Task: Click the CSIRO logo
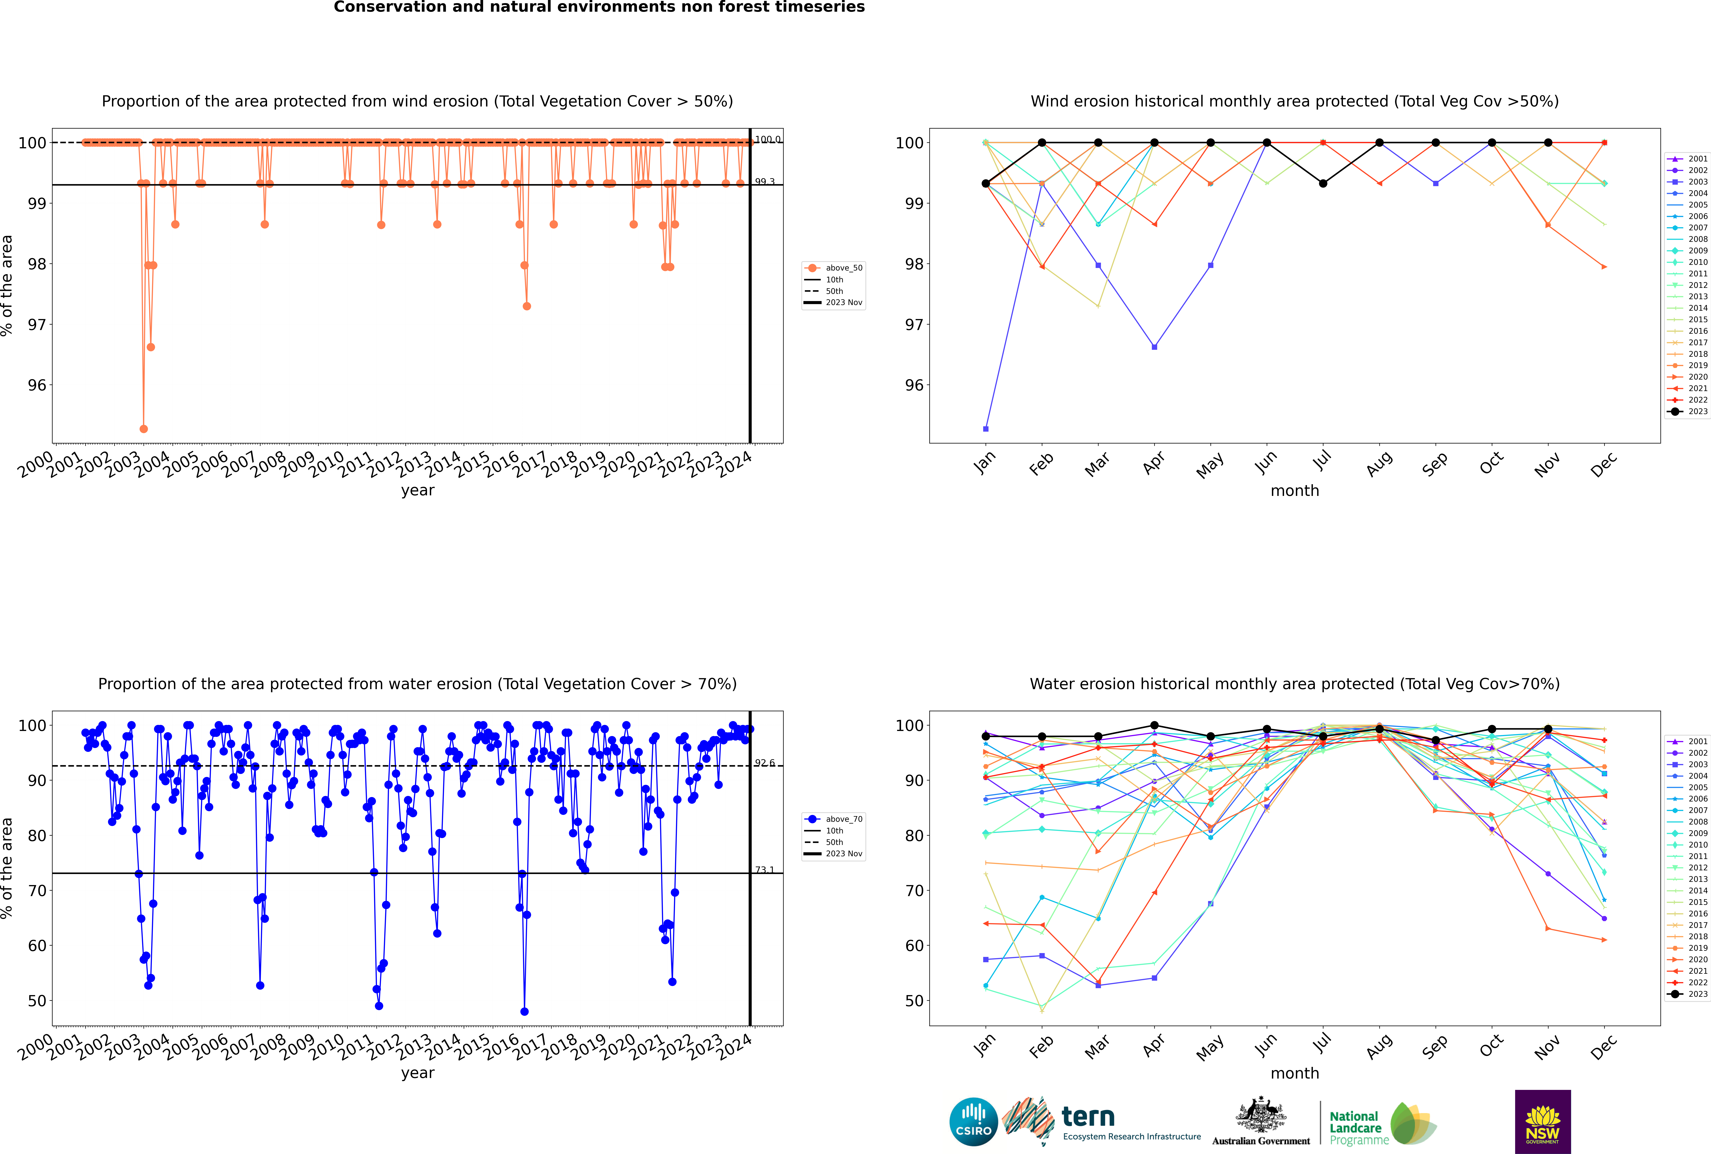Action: point(973,1122)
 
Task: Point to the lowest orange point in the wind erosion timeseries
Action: point(143,428)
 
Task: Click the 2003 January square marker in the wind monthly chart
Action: point(986,428)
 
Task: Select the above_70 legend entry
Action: point(834,819)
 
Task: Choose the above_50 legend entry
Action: point(834,268)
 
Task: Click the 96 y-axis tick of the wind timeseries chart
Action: point(37,385)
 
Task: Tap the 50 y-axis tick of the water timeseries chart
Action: point(37,1001)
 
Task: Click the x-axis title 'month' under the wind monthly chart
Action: point(1295,491)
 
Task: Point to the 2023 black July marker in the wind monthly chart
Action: point(1323,183)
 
